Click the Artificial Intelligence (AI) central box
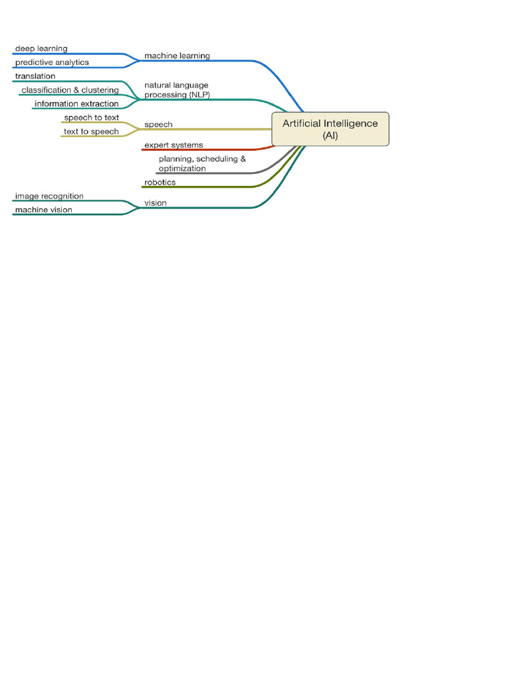[330, 129]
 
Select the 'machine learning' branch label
[177, 56]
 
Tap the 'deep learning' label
[41, 49]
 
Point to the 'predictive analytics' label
[51, 63]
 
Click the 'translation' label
[35, 76]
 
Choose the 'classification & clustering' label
[70, 90]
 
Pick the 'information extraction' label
[76, 104]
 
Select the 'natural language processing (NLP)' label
[177, 90]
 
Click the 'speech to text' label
[92, 118]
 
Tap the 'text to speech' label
[92, 132]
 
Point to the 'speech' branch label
[158, 125]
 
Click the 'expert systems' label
[173, 145]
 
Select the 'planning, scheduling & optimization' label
[202, 163]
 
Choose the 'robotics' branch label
[159, 183]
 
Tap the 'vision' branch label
[155, 203]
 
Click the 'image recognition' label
[49, 196]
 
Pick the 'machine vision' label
[43, 210]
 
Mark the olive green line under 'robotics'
[198, 187]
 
